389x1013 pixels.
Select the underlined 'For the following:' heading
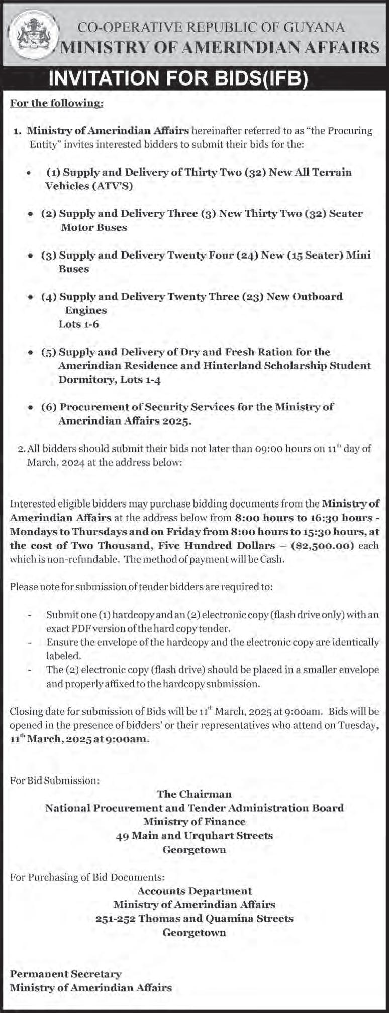coord(56,103)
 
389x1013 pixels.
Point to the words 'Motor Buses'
coord(93,227)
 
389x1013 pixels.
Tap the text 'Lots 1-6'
coord(78,324)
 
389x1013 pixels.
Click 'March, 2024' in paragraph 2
coord(55,462)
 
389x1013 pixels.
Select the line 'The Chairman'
coord(194,794)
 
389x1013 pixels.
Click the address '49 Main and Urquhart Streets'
coord(194,836)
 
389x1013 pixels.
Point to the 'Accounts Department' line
coord(194,891)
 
